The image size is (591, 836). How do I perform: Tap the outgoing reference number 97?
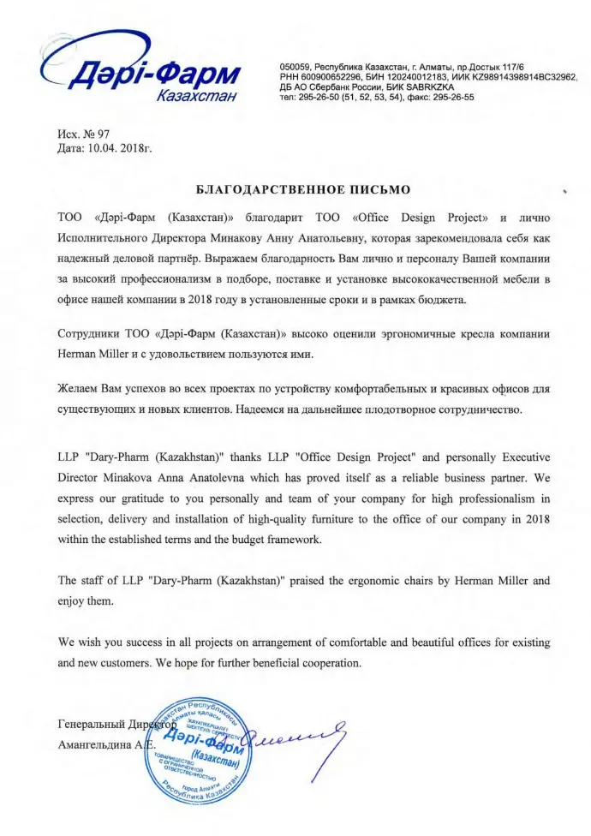105,135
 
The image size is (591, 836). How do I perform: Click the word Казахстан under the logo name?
196,96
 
